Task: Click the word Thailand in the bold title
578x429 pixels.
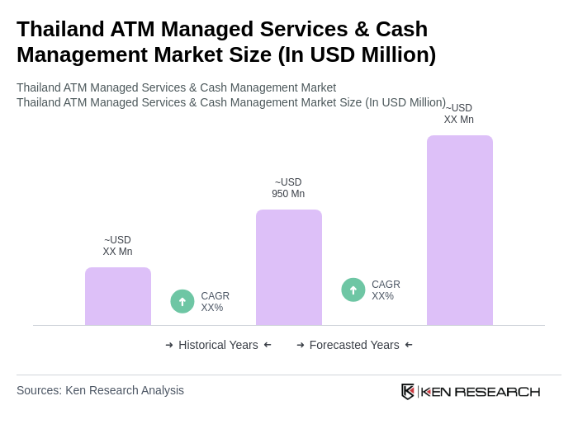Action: click(x=59, y=29)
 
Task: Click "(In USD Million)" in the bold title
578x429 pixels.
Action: click(x=357, y=54)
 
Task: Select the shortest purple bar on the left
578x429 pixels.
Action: click(x=118, y=296)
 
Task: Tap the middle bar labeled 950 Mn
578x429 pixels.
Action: click(x=289, y=267)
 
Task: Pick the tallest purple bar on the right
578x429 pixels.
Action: click(x=460, y=230)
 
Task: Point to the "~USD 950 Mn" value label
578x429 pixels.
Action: click(x=288, y=188)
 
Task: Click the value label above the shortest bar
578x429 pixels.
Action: click(x=117, y=246)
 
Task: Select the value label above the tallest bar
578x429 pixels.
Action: click(x=459, y=114)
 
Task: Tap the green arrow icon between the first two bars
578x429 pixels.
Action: click(x=182, y=301)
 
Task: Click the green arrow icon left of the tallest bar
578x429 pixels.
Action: click(x=353, y=290)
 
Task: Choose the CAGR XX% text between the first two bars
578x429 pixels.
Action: click(x=216, y=302)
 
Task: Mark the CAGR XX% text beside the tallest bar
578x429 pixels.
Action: click(x=386, y=290)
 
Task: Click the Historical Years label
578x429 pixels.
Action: click(x=218, y=345)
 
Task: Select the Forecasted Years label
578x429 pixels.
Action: click(x=354, y=345)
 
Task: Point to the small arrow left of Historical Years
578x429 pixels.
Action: click(x=169, y=345)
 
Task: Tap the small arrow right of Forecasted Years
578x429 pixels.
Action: click(x=409, y=345)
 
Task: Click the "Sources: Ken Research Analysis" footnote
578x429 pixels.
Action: click(x=100, y=390)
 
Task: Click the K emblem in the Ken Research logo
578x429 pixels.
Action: click(x=408, y=391)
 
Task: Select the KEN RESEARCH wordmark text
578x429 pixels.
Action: click(x=481, y=392)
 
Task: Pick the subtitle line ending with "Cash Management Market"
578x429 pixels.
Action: click(x=176, y=87)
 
